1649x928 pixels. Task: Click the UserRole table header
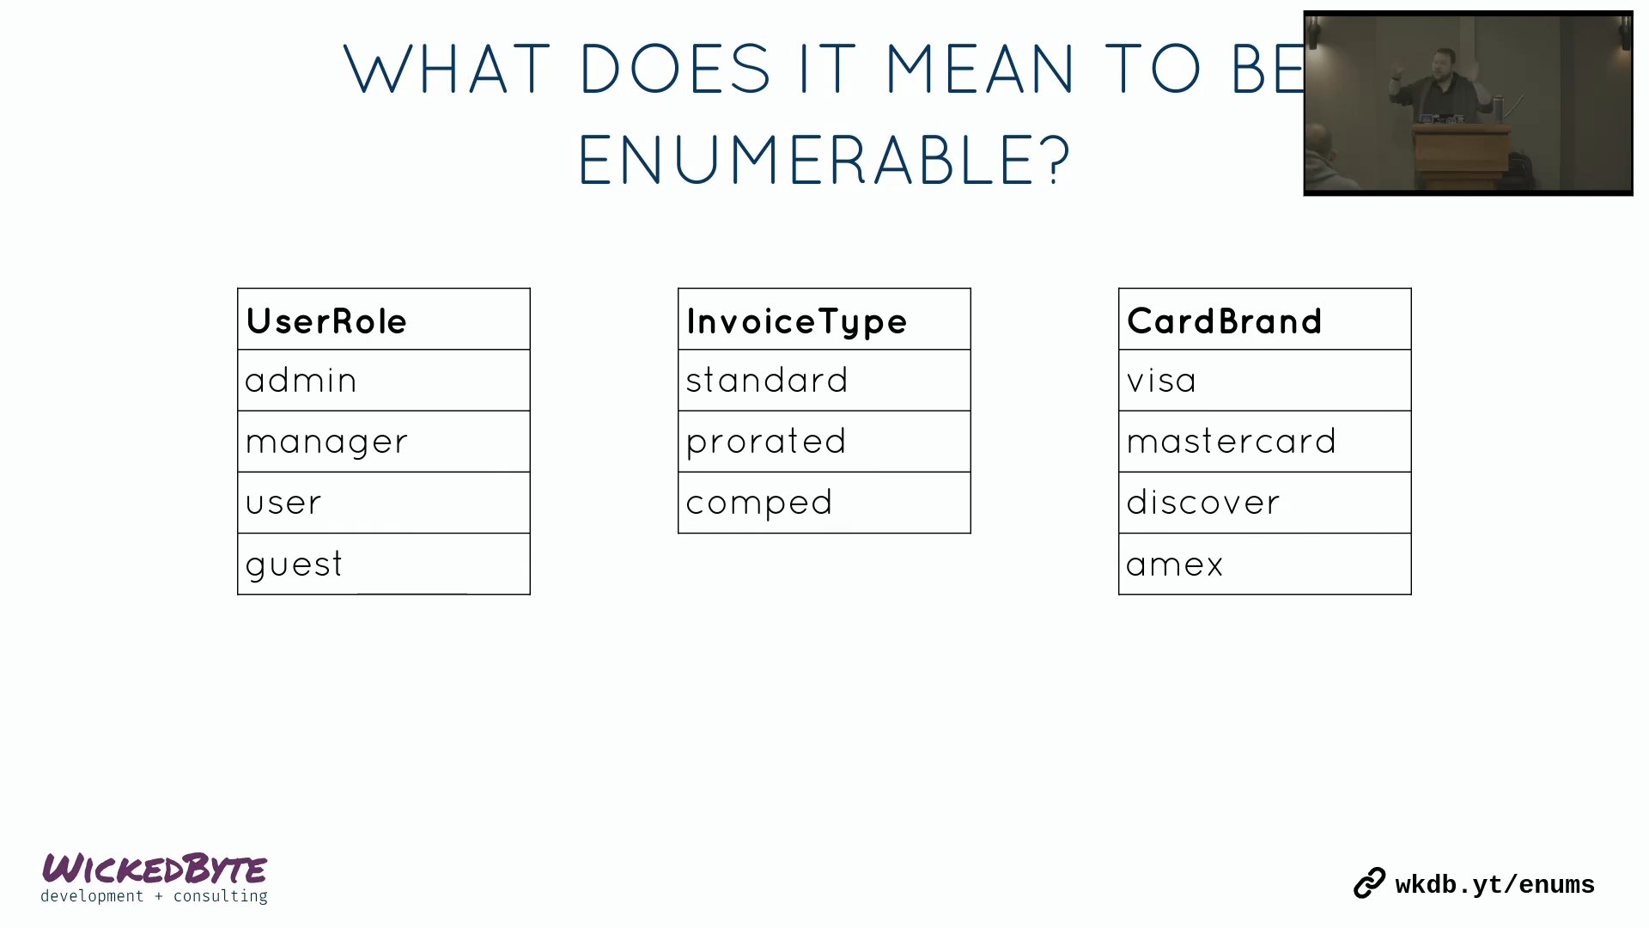click(384, 319)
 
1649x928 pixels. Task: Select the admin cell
click(384, 381)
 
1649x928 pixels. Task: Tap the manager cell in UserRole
click(384, 442)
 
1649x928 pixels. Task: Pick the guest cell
click(384, 564)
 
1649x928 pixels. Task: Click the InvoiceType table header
click(824, 319)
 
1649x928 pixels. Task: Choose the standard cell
click(824, 381)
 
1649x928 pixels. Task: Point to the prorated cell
click(824, 442)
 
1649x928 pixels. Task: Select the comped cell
click(824, 503)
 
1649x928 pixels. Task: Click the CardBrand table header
click(1265, 319)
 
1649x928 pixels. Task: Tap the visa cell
click(1265, 381)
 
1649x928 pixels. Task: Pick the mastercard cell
click(1265, 442)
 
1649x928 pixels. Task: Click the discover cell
click(1265, 503)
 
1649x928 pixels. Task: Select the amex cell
click(1265, 564)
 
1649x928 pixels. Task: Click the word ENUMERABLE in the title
click(824, 160)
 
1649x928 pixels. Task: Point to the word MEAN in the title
click(979, 69)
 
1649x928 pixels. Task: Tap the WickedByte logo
click(155, 877)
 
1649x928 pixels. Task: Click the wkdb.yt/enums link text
click(1494, 885)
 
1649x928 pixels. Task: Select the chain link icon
click(1370, 883)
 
